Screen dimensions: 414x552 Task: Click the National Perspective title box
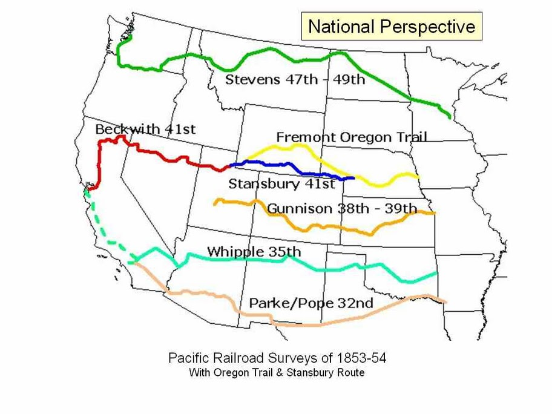[x=392, y=27]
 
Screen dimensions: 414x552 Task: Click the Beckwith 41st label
[x=145, y=130]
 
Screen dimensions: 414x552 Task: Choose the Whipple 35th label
[x=254, y=252]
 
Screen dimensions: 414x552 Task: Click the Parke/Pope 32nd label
[x=310, y=303]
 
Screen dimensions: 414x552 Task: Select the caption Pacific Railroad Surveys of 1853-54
[x=277, y=358]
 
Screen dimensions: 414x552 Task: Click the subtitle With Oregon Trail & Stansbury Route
[x=277, y=373]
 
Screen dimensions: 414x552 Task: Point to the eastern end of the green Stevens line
[x=448, y=116]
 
